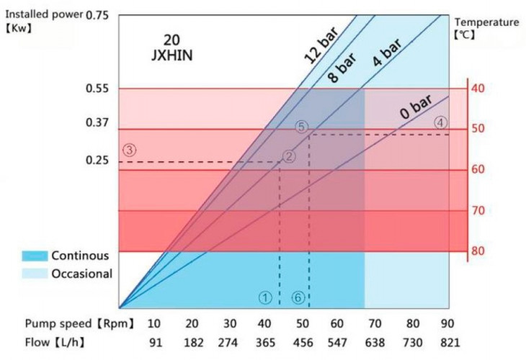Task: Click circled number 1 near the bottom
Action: [265, 297]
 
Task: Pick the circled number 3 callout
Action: [129, 150]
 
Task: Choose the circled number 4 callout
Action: [440, 122]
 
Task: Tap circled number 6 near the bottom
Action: [298, 297]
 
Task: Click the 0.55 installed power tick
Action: [96, 89]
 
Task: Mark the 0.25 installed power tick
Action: [96, 160]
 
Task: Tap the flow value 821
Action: [448, 342]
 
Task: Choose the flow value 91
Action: [155, 342]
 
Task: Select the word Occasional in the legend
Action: [81, 274]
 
